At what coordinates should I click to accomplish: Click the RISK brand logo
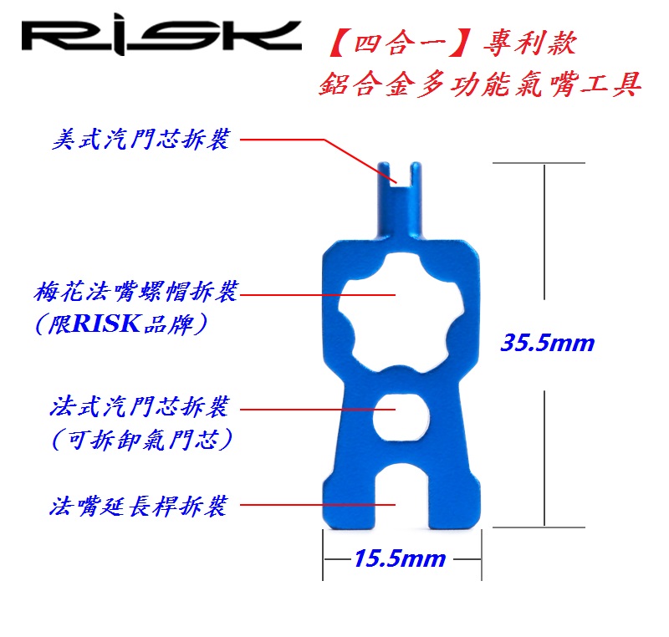(x=161, y=37)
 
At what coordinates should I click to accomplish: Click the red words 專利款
(x=530, y=43)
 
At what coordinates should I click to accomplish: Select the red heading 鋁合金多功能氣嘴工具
(x=480, y=84)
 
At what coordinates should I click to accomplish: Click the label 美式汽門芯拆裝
(x=140, y=139)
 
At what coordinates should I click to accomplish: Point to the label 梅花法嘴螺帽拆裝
(x=135, y=292)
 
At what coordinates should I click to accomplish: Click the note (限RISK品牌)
(x=120, y=324)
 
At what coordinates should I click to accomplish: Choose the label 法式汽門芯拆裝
(x=140, y=406)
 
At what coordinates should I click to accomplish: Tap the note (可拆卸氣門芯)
(x=141, y=438)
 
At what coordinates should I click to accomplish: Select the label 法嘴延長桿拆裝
(x=139, y=507)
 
